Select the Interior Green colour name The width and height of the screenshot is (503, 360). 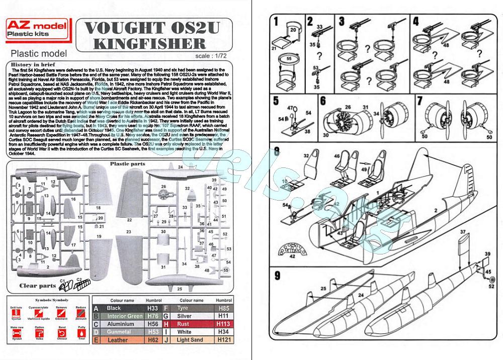tap(124, 316)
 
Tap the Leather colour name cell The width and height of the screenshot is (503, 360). tap(118, 340)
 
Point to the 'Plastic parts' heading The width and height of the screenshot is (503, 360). tap(128, 164)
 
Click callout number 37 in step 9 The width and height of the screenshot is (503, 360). tap(461, 232)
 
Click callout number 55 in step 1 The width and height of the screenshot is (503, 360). tap(288, 58)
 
